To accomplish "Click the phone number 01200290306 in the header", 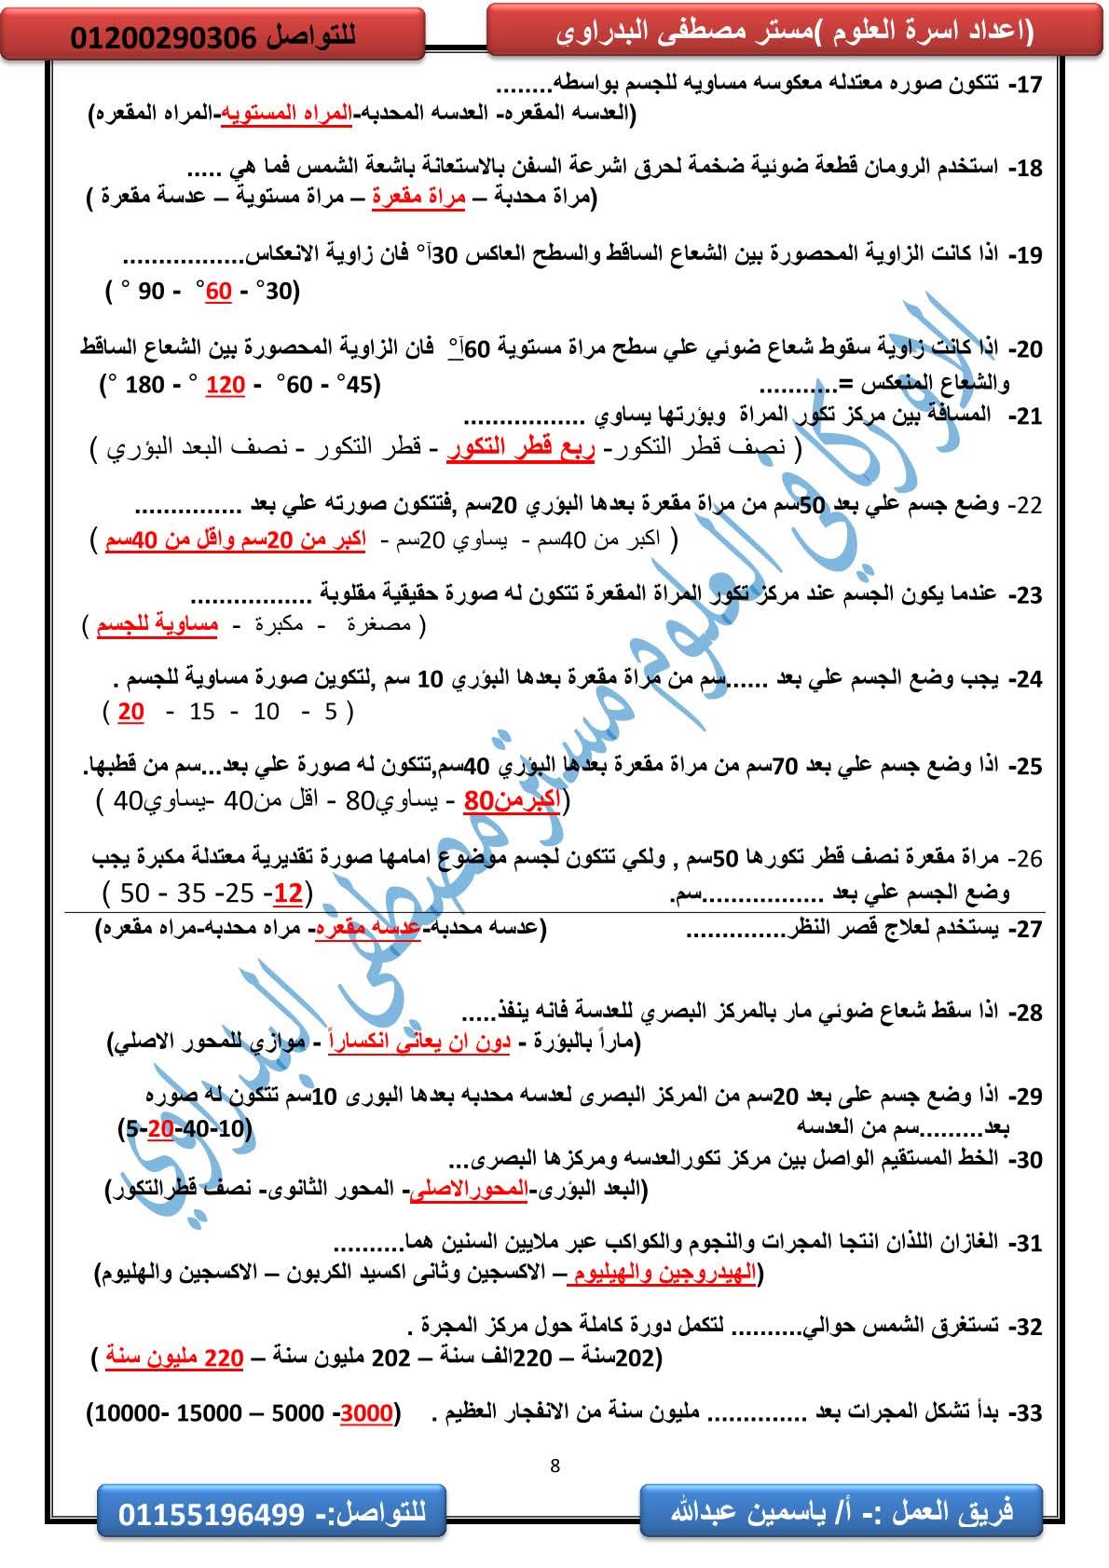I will tap(162, 37).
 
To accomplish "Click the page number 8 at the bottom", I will tap(555, 1465).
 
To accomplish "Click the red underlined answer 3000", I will tap(367, 1413).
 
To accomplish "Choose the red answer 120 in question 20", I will tap(225, 384).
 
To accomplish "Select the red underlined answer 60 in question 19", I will tap(218, 292).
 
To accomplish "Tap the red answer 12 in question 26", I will tap(288, 893).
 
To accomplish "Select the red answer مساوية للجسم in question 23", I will tap(157, 625).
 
